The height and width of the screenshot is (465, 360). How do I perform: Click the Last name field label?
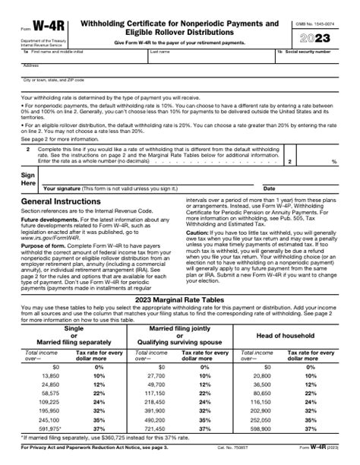(x=159, y=52)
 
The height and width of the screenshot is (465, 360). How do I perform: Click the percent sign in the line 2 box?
(x=334, y=163)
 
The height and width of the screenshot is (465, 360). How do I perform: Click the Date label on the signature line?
(x=269, y=188)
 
